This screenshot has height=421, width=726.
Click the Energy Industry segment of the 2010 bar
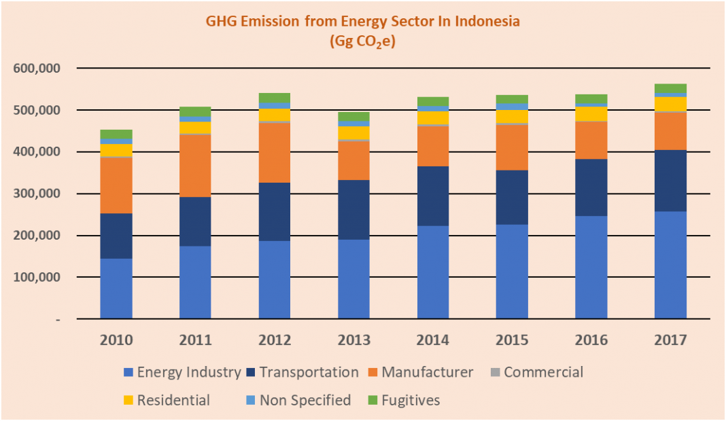pos(116,289)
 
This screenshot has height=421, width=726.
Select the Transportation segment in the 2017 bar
pos(670,181)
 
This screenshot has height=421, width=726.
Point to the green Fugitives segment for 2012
pos(275,98)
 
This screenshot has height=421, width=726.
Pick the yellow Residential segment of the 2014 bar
pos(433,117)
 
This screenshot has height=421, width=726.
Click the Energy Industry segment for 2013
pos(353,279)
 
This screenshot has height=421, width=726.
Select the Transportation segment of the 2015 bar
pos(512,198)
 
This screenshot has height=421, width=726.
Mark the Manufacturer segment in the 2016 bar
pos(591,140)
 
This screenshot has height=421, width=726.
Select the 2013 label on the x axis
pos(353,339)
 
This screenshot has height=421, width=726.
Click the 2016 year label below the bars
pos(591,339)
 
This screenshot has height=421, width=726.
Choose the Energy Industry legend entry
pos(182,372)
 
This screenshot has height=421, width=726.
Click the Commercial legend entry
pos(536,372)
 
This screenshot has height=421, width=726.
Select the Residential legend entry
pos(167,400)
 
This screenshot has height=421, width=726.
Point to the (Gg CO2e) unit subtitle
pos(362,41)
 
